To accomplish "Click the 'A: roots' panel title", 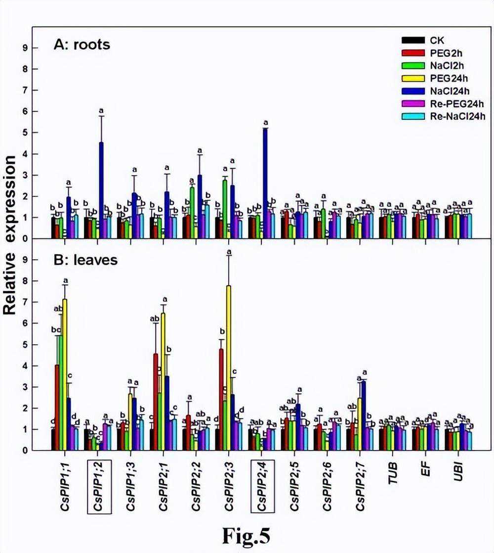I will pos(82,45).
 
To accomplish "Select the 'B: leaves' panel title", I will pos(85,260).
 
